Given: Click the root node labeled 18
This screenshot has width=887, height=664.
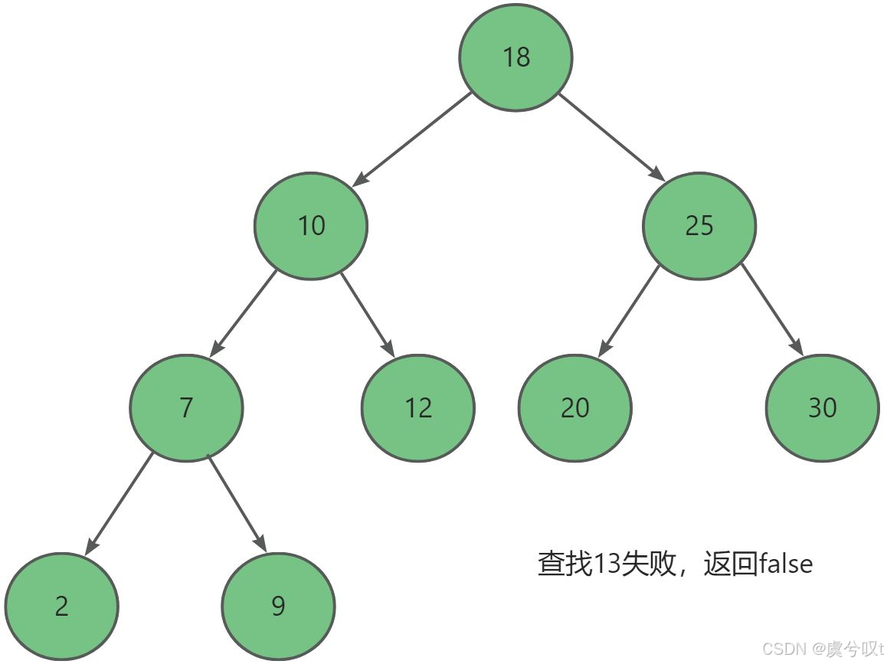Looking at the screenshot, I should pyautogui.click(x=516, y=56).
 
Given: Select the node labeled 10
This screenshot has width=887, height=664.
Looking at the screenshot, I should pyautogui.click(x=311, y=225).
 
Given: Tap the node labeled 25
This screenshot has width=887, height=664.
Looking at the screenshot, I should pyautogui.click(x=699, y=225).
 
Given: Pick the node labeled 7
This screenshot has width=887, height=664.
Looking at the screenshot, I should pyautogui.click(x=186, y=407).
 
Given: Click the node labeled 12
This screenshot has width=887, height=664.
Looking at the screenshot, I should pyautogui.click(x=418, y=407).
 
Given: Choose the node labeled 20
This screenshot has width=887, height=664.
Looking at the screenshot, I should pyautogui.click(x=574, y=407).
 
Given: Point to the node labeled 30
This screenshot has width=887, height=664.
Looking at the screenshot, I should pyautogui.click(x=822, y=407).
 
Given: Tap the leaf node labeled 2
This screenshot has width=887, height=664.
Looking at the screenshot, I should pyautogui.click(x=61, y=606).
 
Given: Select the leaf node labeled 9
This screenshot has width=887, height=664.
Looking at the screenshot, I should pyautogui.click(x=278, y=606).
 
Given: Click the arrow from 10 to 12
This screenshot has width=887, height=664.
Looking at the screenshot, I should pyautogui.click(x=368, y=316).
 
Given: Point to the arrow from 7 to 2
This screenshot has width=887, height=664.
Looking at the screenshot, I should pyautogui.click(x=119, y=503).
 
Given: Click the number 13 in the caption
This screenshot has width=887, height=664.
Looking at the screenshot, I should pyautogui.click(x=607, y=564).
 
